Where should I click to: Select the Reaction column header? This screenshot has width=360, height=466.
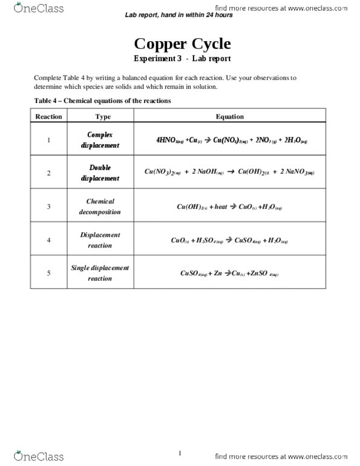pos(49,116)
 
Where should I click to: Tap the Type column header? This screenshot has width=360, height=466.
pos(103,116)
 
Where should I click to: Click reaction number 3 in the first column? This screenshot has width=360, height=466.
pos(49,207)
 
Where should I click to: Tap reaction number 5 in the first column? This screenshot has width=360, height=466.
pos(49,273)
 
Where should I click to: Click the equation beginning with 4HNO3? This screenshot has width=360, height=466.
pos(232,141)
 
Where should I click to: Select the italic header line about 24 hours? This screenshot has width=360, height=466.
pos(178,15)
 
